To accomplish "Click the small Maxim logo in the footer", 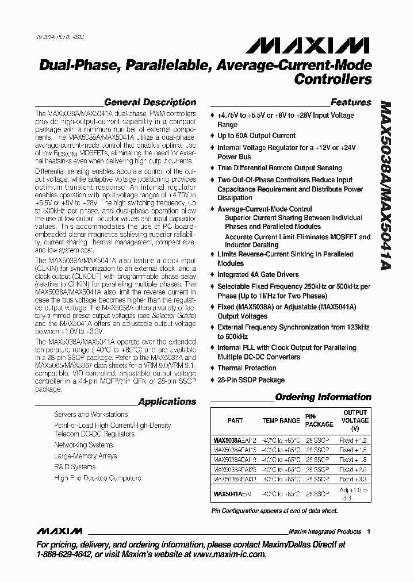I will pyautogui.click(x=59, y=531).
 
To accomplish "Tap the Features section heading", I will pyautogui.click(x=351, y=102).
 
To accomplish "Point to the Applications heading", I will pyautogui.click(x=167, y=402).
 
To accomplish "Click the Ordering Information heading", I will pyautogui.click(x=323, y=397).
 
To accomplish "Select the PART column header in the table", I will pyautogui.click(x=235, y=420).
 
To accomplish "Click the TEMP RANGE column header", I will pyautogui.click(x=281, y=420).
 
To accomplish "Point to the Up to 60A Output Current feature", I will pyautogui.click(x=256, y=136).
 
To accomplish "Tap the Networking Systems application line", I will pyautogui.click(x=83, y=445).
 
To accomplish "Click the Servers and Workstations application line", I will pyautogui.click(x=91, y=414).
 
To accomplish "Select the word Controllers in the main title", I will pyautogui.click(x=332, y=79).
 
